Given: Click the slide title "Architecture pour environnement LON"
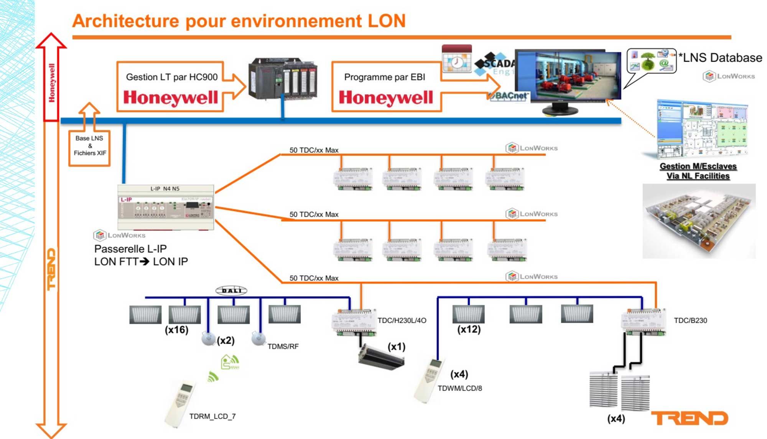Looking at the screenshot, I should click(239, 21).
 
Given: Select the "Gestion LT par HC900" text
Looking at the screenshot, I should click(171, 77).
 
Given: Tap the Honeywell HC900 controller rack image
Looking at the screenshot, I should click(283, 78).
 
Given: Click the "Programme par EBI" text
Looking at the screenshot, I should click(384, 77).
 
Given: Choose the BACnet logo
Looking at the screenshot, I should click(509, 95).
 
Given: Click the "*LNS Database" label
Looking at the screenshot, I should click(720, 58).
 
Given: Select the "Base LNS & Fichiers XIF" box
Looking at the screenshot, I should click(90, 146).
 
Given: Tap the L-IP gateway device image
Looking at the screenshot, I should click(166, 207).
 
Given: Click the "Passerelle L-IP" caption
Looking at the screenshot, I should click(130, 249).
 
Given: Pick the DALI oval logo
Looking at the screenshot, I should click(231, 290).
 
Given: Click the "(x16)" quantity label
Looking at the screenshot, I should click(176, 330).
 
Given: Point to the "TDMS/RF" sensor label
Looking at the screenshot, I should click(283, 347).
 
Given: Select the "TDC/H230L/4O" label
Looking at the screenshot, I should click(402, 320).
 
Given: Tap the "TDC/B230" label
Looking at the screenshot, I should click(690, 320).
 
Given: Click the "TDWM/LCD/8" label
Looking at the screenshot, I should click(459, 388).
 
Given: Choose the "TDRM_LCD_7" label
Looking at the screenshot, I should click(212, 416).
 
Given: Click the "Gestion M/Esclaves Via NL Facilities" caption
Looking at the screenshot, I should click(698, 171).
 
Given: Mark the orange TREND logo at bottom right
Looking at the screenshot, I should click(689, 418).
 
